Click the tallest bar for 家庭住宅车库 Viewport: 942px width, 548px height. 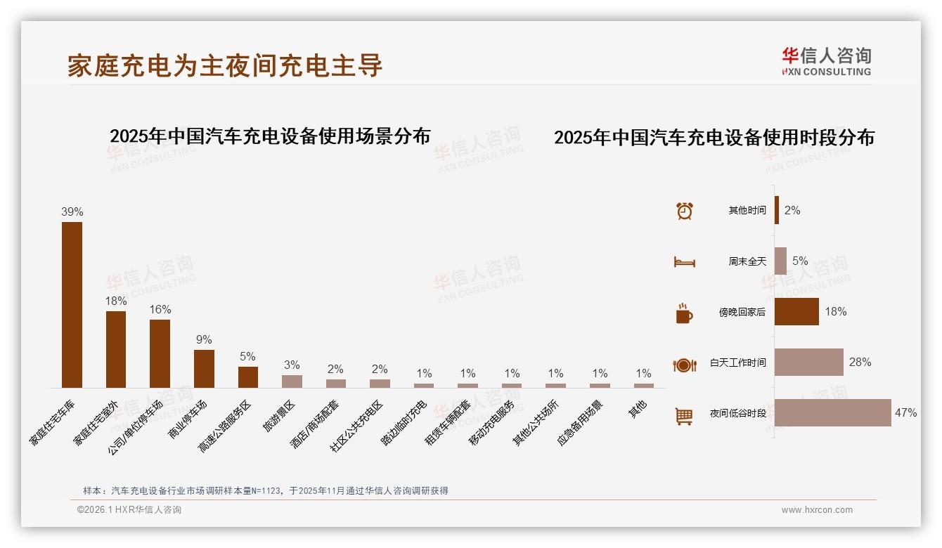72,304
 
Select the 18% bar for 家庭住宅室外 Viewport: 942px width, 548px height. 116,349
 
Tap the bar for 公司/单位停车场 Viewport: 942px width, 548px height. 160,353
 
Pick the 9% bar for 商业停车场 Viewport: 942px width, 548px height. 204,368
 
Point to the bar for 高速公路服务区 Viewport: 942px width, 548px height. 247,377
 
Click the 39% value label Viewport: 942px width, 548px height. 72,211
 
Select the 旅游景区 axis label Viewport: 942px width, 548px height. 279,416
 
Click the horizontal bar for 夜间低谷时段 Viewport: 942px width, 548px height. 832,412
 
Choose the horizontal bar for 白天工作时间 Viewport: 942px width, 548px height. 808,362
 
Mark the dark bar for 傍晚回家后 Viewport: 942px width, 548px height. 796,311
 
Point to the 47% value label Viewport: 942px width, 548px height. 905,412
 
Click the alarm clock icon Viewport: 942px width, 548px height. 684,210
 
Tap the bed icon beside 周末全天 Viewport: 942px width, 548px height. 684,261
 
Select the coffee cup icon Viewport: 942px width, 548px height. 684,313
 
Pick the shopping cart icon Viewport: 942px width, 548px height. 684,416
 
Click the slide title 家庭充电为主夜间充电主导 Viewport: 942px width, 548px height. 225,65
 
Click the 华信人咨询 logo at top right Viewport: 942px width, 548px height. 826,61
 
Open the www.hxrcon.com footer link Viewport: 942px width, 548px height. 817,510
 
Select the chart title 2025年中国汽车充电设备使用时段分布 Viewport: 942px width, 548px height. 714,138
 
